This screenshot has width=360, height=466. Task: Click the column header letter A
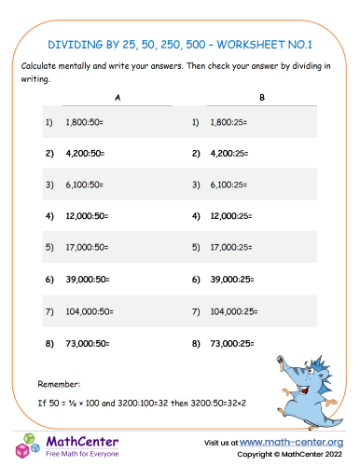point(117,98)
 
